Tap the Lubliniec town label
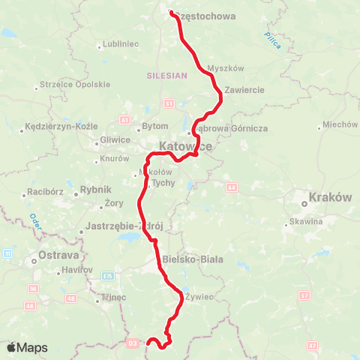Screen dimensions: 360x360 coord(121,44)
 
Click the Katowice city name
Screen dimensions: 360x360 coord(185,147)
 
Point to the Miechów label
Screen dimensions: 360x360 coord(340,124)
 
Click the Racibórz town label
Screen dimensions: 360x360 coord(43,191)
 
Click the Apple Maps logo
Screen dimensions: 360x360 coord(27,347)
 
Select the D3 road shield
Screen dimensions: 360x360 coord(133,343)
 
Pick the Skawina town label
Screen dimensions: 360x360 coord(308,221)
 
